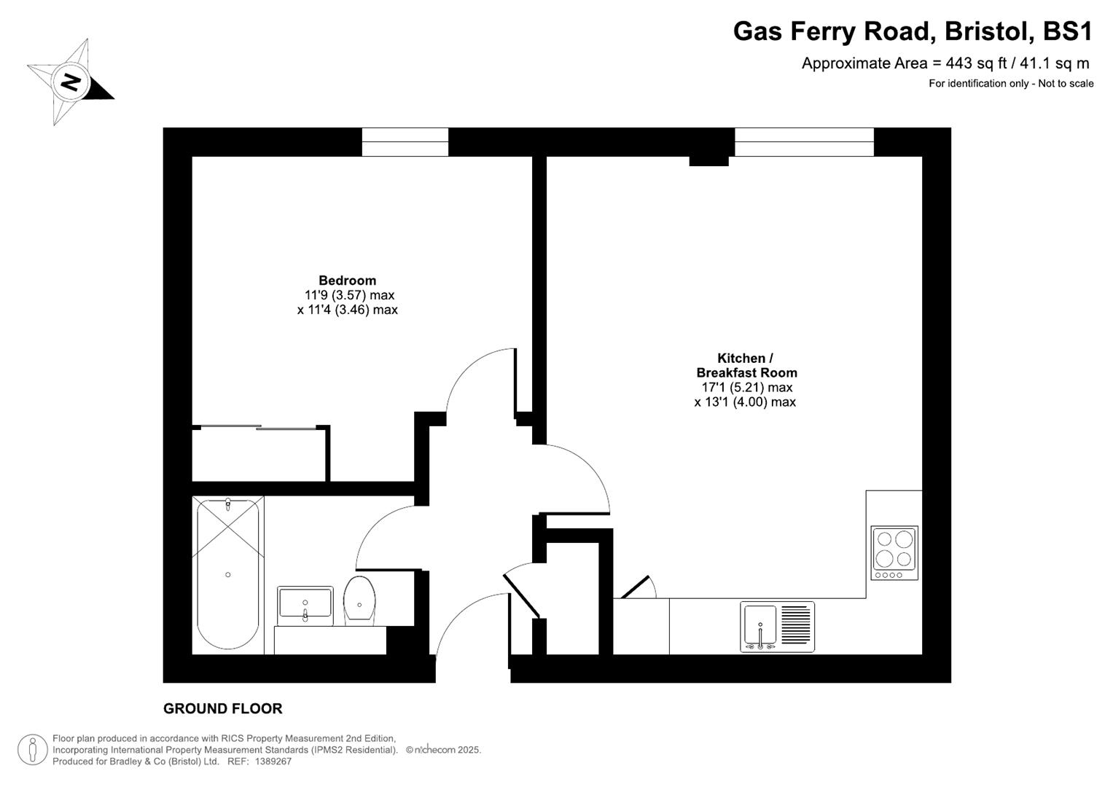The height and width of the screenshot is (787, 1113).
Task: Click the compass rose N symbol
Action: click(70, 82)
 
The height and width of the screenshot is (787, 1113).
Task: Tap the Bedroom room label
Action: click(347, 281)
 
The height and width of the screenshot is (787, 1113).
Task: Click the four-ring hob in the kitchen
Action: click(894, 552)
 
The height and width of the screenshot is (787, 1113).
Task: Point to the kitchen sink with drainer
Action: click(777, 627)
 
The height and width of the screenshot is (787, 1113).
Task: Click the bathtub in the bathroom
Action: click(228, 574)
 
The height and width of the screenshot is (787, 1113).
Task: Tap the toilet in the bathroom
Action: click(359, 600)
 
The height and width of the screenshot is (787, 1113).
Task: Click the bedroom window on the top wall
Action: click(405, 142)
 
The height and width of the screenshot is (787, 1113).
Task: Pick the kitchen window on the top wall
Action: click(804, 142)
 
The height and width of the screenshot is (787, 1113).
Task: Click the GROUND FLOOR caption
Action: click(222, 708)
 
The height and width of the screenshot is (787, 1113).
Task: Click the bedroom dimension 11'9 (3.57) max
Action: click(349, 295)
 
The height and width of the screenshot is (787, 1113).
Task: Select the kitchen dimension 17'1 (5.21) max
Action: click(746, 388)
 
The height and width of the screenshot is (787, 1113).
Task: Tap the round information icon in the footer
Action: click(32, 749)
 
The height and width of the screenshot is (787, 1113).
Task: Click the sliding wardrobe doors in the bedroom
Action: click(259, 427)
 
